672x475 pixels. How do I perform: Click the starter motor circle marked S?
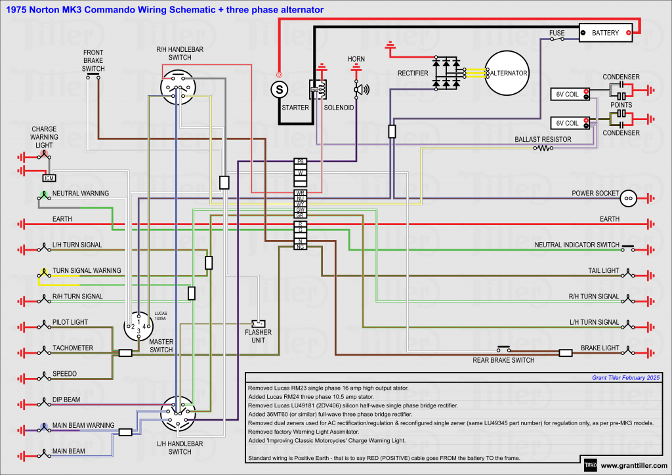point(280,88)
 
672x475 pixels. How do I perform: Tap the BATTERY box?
point(605,33)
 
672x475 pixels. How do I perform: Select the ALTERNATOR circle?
point(506,73)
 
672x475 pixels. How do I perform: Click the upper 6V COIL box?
point(568,94)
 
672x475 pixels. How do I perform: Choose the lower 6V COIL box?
point(568,123)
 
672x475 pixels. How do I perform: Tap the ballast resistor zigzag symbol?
point(543,148)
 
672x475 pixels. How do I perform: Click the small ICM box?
point(49,178)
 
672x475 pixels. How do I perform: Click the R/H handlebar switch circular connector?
point(178,87)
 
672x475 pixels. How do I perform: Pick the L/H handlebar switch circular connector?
point(178,413)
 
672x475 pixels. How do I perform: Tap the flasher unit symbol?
point(258,323)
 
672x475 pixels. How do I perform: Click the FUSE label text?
point(556,32)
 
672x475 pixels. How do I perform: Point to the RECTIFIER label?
point(413,73)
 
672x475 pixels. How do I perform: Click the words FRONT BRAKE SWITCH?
point(93,60)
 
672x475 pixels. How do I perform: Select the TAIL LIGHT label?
point(603,271)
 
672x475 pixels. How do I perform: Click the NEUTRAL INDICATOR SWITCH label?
point(577,245)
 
